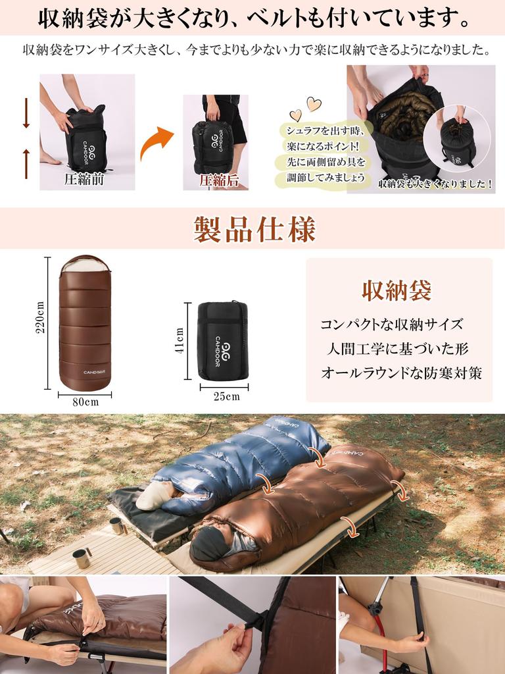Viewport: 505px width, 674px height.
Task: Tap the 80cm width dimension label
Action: pos(85,402)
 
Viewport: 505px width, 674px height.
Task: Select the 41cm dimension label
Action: pos(179,341)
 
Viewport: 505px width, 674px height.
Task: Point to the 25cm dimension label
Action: pos(226,396)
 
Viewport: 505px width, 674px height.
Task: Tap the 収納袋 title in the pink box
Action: pos(397,290)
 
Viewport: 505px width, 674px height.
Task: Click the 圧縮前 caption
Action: pos(85,178)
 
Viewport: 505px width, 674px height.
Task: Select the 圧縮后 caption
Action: pos(218,180)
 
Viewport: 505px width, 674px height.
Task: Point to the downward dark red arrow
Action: pos(26,113)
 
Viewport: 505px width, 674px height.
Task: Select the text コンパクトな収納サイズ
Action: pos(391,324)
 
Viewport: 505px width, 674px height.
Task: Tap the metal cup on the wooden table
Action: pos(82,558)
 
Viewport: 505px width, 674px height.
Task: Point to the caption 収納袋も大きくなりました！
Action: pos(435,185)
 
